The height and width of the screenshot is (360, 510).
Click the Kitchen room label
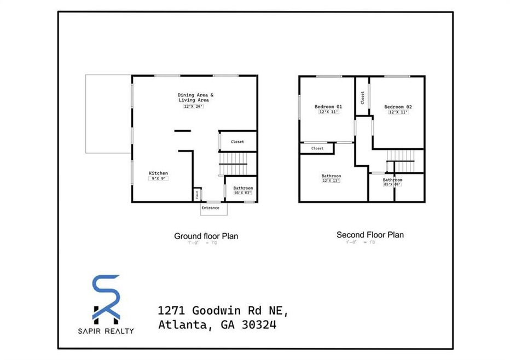coord(159,173)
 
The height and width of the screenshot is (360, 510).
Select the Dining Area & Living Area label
coord(193,97)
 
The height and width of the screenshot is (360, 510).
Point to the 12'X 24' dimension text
coord(193,107)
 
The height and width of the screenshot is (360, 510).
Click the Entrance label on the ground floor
coord(211,208)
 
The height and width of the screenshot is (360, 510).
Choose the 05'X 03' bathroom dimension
coord(243,193)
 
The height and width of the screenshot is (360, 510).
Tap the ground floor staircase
coord(237,163)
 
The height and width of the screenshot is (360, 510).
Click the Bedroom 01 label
coord(328,106)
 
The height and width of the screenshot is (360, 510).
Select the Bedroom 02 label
coord(397,106)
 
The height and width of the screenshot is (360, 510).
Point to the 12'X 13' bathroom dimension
coord(331,181)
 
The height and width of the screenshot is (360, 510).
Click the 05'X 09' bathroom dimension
coord(392,184)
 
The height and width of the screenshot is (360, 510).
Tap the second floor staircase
coord(402,164)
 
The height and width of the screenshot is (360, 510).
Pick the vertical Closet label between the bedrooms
coord(362,97)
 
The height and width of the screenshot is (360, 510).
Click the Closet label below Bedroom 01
coord(317,148)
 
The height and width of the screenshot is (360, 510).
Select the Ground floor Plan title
coord(206,236)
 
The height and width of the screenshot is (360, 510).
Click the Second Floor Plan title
coord(370,235)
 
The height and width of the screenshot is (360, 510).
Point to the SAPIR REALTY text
coord(107,330)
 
